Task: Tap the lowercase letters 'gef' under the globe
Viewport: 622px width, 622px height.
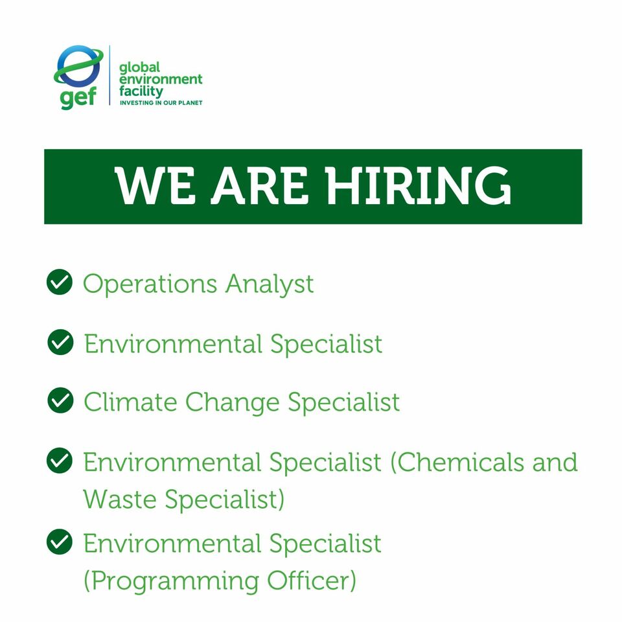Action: click(78, 97)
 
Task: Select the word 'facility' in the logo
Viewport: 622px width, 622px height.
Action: click(141, 91)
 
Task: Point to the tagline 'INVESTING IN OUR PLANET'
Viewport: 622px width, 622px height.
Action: click(161, 103)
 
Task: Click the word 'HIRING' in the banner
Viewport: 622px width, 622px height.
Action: click(419, 186)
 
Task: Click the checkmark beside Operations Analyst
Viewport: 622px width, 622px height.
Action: click(60, 282)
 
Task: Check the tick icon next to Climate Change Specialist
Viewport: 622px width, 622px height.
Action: click(60, 401)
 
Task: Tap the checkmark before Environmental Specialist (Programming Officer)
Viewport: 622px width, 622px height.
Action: click(60, 542)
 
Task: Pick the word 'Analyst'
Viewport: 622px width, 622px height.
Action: click(269, 284)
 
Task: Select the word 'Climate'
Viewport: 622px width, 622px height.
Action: click(130, 402)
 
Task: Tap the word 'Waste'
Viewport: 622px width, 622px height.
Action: click(119, 500)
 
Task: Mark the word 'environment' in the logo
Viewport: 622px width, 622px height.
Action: click(161, 80)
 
